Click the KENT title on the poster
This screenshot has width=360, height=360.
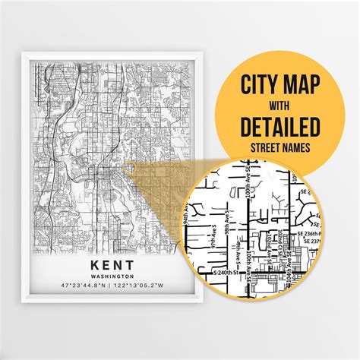tap(106, 263)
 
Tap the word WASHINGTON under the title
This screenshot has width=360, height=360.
tap(106, 276)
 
